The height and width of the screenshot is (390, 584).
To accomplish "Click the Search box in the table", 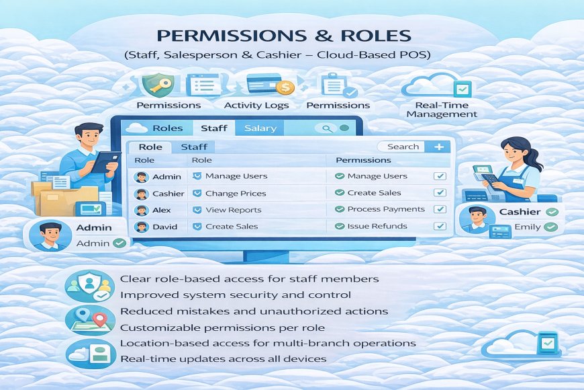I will tap(402, 147).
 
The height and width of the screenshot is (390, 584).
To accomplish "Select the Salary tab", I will tap(260, 128).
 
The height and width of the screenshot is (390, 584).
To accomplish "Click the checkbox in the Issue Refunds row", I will tap(440, 227).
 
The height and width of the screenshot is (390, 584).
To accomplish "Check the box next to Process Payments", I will tap(440, 210).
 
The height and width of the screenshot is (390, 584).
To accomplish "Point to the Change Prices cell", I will tap(235, 193).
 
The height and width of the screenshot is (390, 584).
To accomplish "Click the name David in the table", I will tap(164, 227).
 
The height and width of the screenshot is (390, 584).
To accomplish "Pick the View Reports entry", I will tap(233, 210).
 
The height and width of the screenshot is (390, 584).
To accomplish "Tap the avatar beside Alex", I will tap(141, 210).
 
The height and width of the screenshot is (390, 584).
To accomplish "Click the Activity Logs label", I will tap(256, 105).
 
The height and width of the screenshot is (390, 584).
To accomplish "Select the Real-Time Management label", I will tap(442, 110).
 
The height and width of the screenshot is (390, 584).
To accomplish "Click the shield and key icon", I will tap(158, 85).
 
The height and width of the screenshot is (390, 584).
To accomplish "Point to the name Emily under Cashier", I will tap(527, 227).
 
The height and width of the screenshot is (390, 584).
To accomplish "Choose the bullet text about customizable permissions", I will tap(222, 327).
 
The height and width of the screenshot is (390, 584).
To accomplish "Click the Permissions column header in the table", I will tap(363, 160).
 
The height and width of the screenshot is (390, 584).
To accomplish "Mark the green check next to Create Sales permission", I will tap(339, 193).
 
